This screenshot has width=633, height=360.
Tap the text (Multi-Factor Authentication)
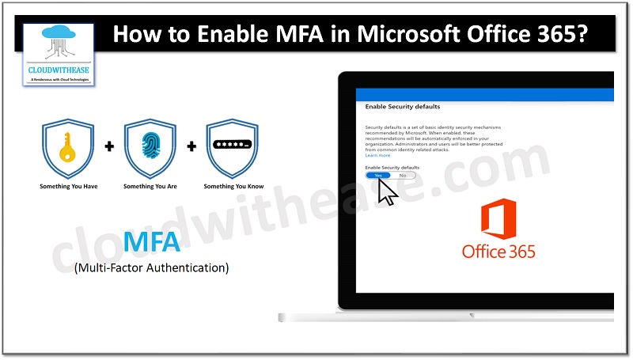151,268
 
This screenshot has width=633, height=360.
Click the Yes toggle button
378,176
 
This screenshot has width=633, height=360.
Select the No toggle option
402,176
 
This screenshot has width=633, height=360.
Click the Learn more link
377,156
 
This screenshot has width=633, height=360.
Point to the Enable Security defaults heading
403,106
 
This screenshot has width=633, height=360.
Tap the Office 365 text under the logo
498,252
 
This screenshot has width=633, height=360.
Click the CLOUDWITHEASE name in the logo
59,70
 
